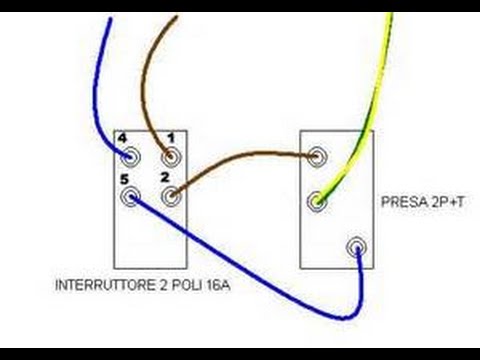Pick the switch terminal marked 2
[171, 196]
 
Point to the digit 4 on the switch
[121, 137]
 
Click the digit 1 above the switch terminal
[170, 137]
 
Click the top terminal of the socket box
[318, 156]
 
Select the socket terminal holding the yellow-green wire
[318, 201]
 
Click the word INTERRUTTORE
[96, 284]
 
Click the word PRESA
[400, 201]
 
